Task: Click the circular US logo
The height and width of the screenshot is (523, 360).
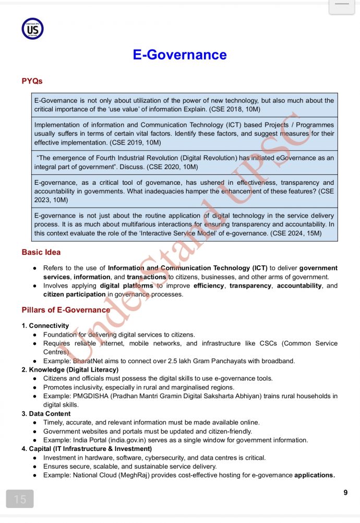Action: click(32, 28)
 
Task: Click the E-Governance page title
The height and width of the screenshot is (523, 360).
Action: click(179, 55)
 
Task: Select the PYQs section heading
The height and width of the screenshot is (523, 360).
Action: click(32, 81)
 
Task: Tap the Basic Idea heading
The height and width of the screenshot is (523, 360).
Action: click(41, 252)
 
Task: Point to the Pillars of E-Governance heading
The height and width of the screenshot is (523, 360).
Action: click(66, 310)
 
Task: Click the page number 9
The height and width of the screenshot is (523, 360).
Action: click(345, 492)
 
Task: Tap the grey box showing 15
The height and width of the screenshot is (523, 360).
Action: click(20, 499)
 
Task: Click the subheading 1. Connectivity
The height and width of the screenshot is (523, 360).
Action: click(45, 326)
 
